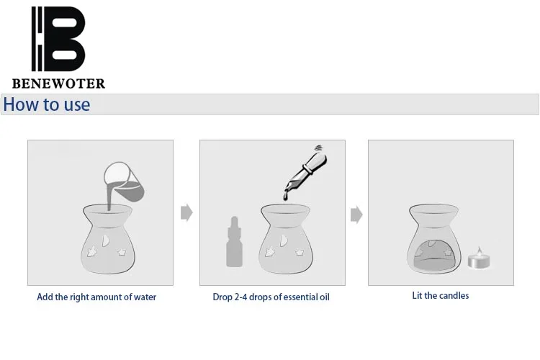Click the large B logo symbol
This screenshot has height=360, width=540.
coord(58,39)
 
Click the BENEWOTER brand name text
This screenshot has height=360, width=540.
coord(58,84)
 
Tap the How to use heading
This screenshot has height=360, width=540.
coord(47,104)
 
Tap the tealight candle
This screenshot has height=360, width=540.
coord(479,258)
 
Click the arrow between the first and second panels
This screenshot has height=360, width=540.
coord(186,212)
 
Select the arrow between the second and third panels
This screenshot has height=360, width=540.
coord(356,215)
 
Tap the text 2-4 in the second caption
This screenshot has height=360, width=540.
coord(240,297)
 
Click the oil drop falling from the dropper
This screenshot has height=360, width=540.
coord(286,197)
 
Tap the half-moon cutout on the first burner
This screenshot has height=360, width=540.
coord(105,240)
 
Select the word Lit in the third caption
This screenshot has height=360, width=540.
coord(417,296)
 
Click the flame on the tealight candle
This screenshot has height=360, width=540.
coord(479,250)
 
